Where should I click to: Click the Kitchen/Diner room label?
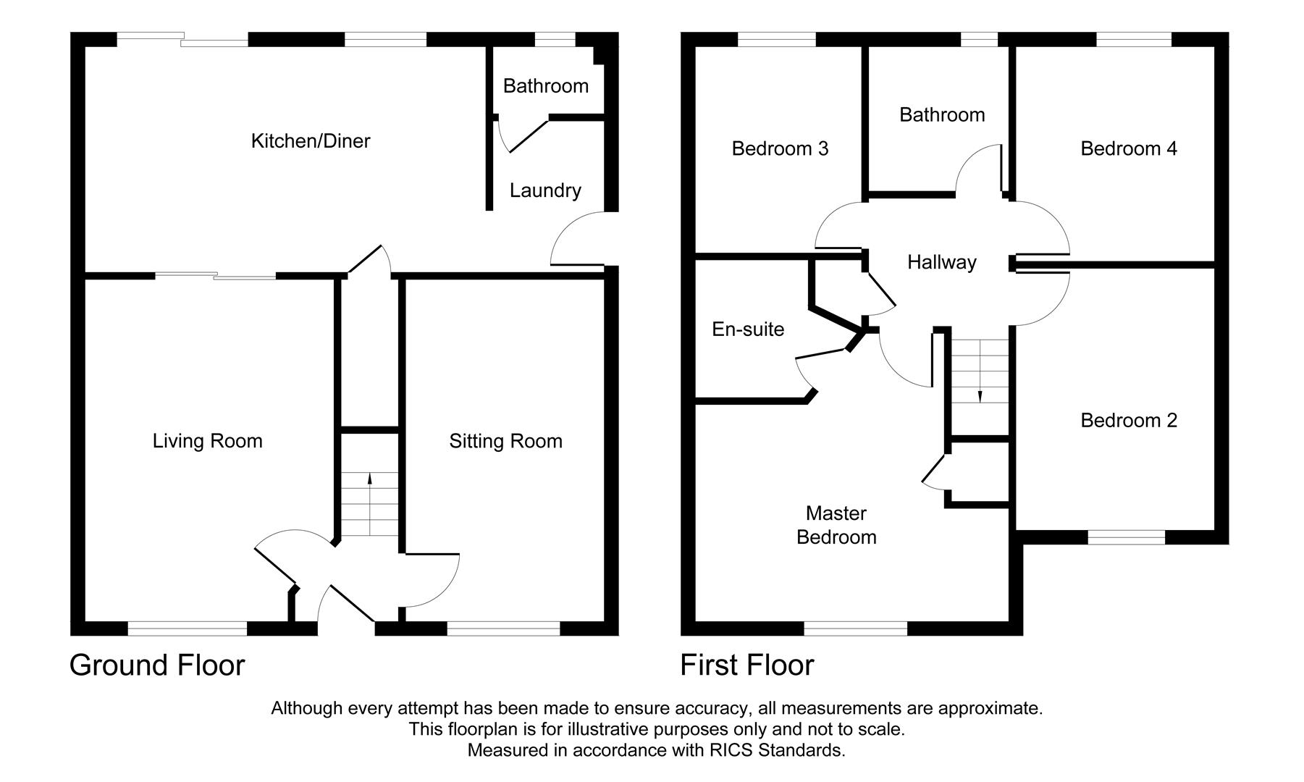coord(310,140)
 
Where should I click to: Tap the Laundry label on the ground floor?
coord(545,190)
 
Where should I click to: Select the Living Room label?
coord(207,441)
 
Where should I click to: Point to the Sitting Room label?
coord(505,441)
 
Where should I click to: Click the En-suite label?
coord(748,329)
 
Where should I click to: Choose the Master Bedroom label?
coord(836,525)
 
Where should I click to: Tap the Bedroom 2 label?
coord(1129,420)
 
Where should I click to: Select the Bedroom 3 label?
coord(780,148)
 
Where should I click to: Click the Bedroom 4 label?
coord(1129,148)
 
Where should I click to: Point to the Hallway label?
coord(941,262)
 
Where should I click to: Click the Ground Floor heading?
coord(157,665)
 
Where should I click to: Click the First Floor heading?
coord(746,665)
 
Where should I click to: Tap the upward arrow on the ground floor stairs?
coord(370,478)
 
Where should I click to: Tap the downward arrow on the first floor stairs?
coord(980,396)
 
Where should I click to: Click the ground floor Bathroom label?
coord(545,86)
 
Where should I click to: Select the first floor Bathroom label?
coord(941,114)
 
